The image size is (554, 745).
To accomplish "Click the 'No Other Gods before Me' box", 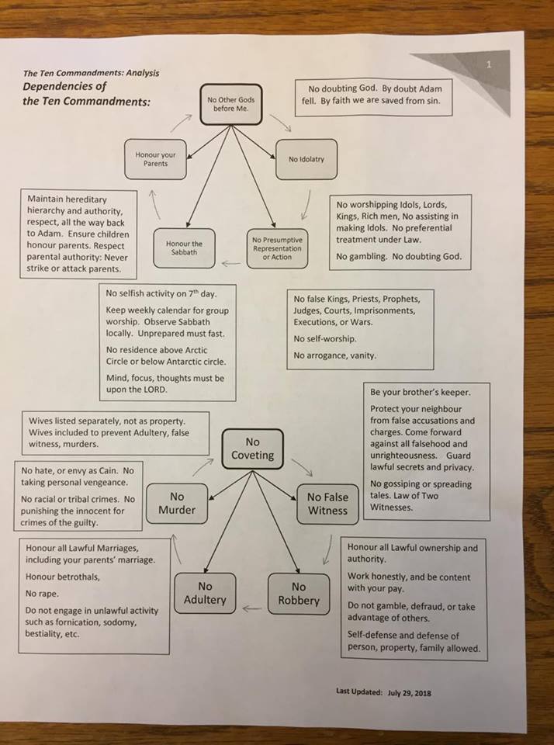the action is [230, 104].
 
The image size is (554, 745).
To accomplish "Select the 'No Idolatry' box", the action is [306, 159].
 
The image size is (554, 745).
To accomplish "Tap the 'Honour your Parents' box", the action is [155, 159].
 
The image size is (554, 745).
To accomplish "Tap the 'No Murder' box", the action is [177, 503].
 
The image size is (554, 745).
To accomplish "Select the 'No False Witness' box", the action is [327, 503].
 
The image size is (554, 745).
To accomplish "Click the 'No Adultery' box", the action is [205, 593].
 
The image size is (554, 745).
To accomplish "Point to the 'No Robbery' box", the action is [299, 593].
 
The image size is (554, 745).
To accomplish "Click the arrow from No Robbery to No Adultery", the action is [251, 608].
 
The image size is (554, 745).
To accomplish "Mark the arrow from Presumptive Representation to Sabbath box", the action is [230, 264].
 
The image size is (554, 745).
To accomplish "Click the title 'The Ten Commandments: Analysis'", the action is [91, 74].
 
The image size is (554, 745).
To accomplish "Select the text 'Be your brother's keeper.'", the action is [420, 393].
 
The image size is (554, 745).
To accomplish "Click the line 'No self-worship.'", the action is [325, 339].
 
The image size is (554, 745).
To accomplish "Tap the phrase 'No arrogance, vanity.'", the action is [334, 355].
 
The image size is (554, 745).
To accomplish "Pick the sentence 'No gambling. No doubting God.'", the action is [398, 257].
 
